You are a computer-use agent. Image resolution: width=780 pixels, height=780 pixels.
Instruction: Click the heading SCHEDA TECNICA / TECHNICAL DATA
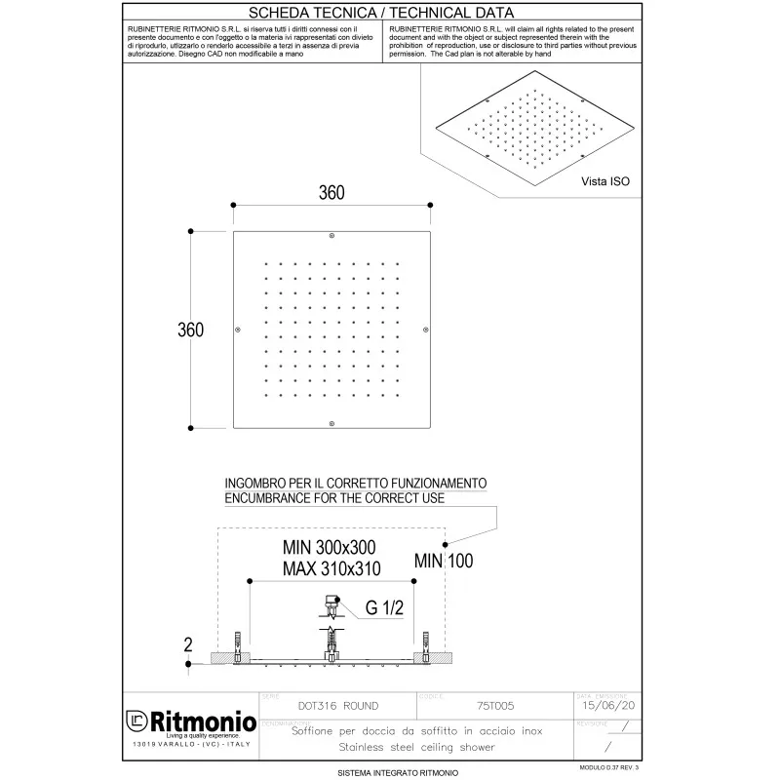tap(381, 13)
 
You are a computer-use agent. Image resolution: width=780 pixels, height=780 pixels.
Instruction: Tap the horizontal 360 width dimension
tap(331, 192)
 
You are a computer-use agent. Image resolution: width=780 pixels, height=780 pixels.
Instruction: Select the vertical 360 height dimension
tap(190, 330)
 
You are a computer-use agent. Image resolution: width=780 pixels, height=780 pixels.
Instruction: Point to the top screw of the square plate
tap(331, 236)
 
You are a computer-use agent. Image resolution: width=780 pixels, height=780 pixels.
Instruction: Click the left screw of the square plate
tap(238, 330)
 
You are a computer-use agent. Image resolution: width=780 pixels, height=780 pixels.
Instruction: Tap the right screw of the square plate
tap(426, 330)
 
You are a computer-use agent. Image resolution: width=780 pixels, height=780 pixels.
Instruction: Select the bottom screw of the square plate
tap(331, 422)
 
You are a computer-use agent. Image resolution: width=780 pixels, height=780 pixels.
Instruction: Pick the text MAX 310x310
tap(331, 567)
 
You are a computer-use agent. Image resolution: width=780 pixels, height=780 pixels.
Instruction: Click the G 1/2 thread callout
tap(384, 608)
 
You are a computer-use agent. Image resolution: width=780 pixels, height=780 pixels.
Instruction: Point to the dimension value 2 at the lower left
tap(188, 643)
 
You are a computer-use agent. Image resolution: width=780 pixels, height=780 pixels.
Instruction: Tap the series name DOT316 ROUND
tap(336, 705)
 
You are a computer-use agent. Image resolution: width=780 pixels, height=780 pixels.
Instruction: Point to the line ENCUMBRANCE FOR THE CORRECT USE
tap(334, 498)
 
